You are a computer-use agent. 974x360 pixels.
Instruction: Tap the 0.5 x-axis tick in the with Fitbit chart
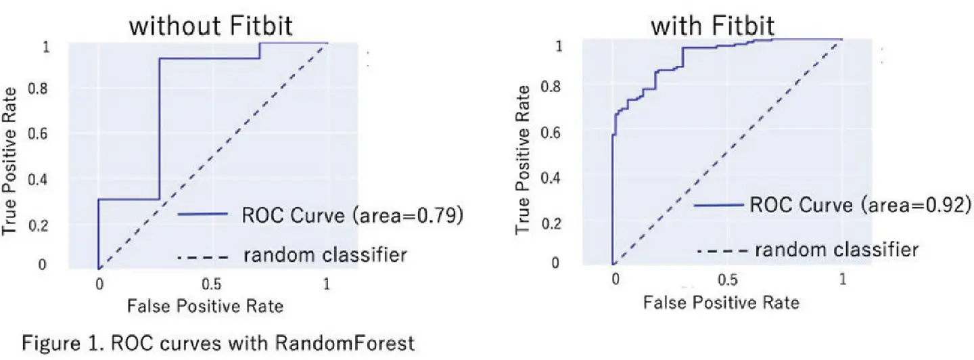tap(728, 279)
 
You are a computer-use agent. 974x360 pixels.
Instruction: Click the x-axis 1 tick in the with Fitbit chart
tap(842, 279)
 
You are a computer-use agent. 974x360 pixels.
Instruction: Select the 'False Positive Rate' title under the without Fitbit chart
tap(205, 306)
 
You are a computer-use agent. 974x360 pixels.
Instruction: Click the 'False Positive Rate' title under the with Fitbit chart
tap(721, 302)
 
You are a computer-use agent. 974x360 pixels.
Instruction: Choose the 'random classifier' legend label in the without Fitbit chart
tap(325, 255)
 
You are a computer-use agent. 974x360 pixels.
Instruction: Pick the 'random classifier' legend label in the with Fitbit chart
tap(837, 250)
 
